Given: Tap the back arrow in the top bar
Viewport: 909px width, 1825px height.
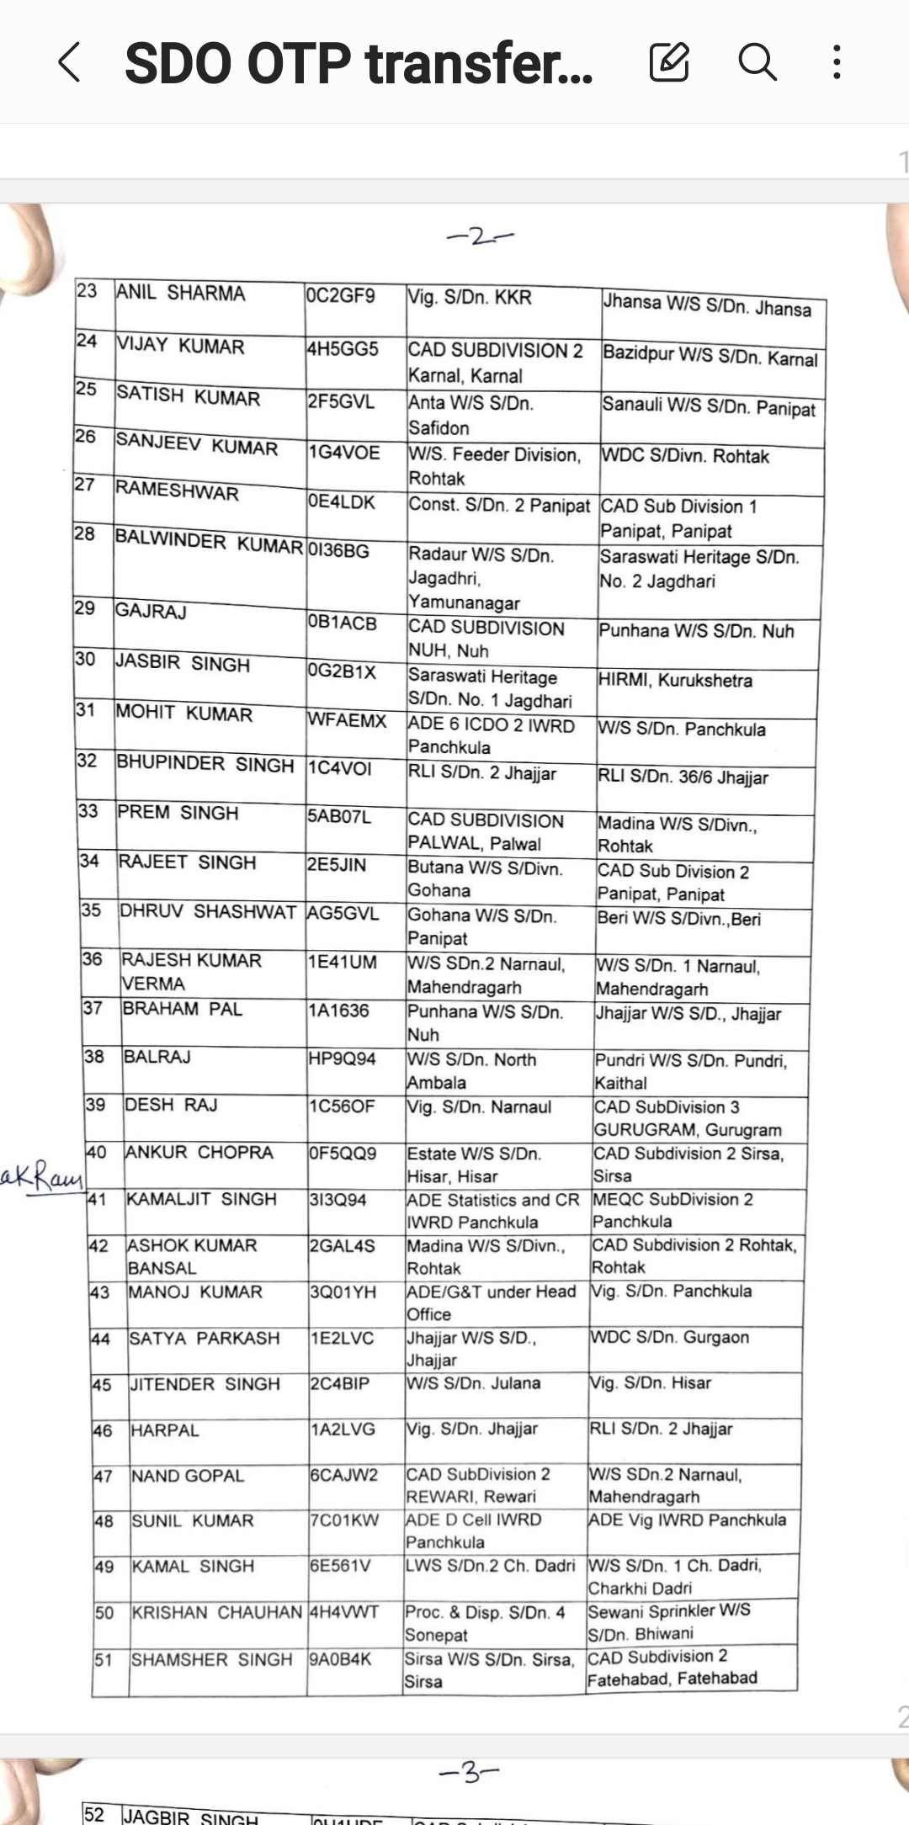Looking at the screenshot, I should tap(70, 63).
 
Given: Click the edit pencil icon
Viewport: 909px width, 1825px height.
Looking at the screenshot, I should tap(669, 62).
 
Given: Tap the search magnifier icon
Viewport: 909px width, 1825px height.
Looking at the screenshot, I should tap(757, 62).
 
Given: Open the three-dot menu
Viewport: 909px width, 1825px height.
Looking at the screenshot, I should tap(837, 62).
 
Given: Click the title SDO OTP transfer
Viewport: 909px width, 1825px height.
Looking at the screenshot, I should tap(359, 64).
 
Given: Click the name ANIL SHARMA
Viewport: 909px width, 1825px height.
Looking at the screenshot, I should tap(181, 293).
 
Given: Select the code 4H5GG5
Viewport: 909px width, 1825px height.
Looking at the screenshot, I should tap(343, 348).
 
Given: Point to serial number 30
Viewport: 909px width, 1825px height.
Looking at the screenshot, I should tap(85, 659).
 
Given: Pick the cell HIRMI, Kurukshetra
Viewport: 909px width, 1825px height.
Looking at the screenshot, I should tap(675, 680).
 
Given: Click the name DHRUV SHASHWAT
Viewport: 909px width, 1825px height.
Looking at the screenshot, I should tap(208, 912).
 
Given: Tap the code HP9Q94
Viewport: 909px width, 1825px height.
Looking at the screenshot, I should tap(342, 1058).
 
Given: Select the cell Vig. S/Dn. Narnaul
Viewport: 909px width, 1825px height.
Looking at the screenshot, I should tap(479, 1106).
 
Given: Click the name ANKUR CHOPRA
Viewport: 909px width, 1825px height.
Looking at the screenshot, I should tap(199, 1152).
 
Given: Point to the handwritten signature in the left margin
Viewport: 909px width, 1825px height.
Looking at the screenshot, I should tap(42, 1177).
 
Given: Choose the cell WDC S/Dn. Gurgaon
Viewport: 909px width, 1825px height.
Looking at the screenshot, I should tap(670, 1337).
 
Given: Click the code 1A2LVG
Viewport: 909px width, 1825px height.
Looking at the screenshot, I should tap(343, 1429).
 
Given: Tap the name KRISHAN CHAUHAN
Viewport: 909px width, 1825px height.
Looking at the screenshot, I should tap(217, 1612).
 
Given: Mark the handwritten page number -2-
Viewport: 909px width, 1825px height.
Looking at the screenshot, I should tap(479, 236).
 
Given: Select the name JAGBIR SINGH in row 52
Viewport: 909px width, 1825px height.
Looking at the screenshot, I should tap(190, 1817).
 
